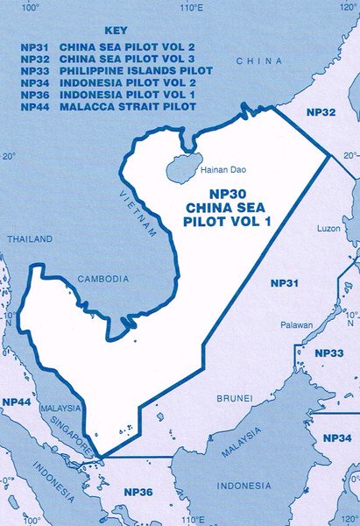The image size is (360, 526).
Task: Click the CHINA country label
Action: (x=260, y=60)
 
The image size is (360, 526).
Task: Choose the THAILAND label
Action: (x=24, y=238)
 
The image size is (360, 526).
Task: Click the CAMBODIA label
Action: (x=104, y=278)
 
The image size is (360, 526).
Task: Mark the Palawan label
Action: (x=297, y=325)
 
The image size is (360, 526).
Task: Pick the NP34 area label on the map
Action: (x=338, y=437)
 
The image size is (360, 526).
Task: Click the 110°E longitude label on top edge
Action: (x=191, y=8)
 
